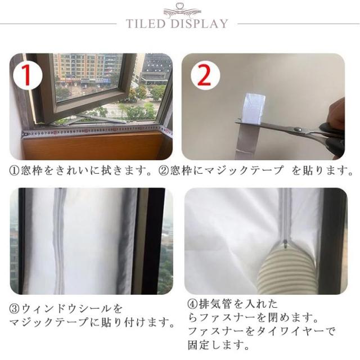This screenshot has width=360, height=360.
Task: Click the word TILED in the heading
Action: (x=146, y=24)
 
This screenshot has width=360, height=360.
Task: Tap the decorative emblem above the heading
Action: (x=182, y=10)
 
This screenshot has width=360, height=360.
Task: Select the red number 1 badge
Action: (x=28, y=75)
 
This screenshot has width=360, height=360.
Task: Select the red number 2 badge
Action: (x=205, y=75)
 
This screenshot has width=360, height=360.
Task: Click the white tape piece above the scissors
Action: (x=254, y=109)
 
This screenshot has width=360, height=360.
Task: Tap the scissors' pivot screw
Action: (x=298, y=129)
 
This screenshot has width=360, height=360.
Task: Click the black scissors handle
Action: (x=333, y=136)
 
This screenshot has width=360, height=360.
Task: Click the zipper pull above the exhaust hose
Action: (x=285, y=244)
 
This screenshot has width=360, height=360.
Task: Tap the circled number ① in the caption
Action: (x=14, y=171)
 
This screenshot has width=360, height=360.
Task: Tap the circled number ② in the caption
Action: (x=164, y=171)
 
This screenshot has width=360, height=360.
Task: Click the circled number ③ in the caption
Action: (x=14, y=309)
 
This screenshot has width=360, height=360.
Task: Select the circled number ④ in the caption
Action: (x=192, y=304)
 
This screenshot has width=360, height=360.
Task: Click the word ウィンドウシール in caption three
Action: (x=67, y=309)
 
